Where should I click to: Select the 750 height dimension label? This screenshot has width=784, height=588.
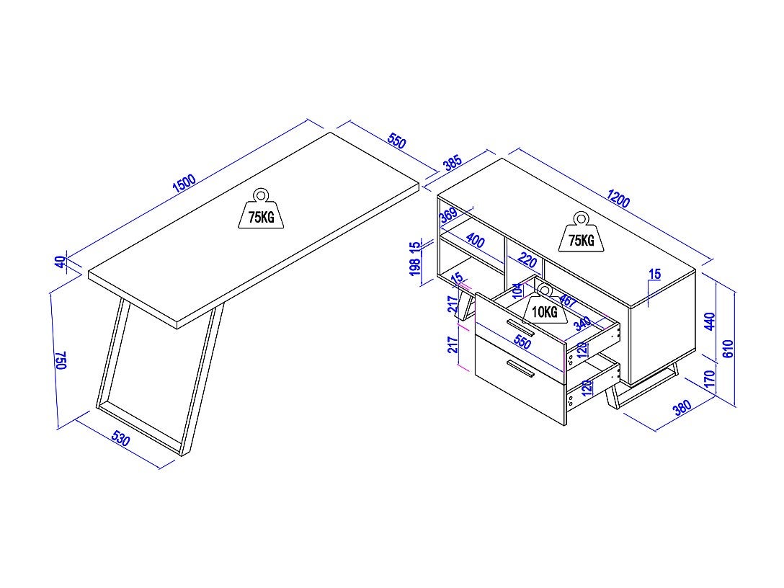[x=61, y=360]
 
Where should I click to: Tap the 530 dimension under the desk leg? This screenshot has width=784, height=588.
[x=120, y=439]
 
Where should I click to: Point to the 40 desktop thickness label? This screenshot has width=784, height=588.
[x=61, y=262]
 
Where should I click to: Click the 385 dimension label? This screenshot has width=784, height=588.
[x=453, y=163]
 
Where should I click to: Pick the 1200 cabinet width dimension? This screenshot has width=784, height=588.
[x=618, y=199]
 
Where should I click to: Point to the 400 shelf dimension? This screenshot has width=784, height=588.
[x=475, y=239]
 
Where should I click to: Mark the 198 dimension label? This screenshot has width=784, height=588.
[x=415, y=269]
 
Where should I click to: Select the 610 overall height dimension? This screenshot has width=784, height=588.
[x=728, y=349]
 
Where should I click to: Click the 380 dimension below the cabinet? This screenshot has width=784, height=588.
[x=682, y=408]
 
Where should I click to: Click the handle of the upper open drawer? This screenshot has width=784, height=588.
[x=520, y=328]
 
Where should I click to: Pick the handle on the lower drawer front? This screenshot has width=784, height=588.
[x=520, y=369]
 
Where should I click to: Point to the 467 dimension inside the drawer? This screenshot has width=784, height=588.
[x=567, y=301]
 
